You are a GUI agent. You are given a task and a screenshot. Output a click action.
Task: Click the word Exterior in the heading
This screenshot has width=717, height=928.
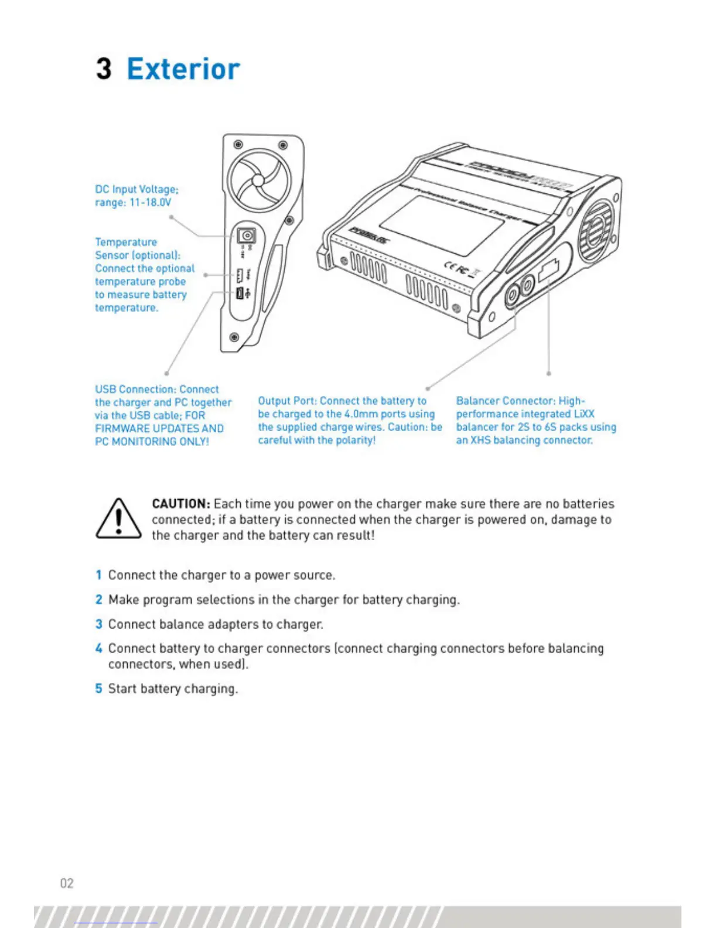(x=183, y=69)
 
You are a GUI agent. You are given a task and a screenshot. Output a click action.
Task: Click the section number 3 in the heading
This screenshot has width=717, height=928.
(x=104, y=69)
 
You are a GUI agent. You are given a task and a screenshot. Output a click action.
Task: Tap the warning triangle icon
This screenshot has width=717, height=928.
(x=118, y=518)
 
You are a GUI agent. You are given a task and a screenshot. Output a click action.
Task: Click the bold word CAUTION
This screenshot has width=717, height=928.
(x=180, y=504)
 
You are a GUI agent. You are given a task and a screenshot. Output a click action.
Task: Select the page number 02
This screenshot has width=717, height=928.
(x=67, y=883)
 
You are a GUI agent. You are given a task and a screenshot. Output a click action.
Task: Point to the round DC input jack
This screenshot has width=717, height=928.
(x=246, y=236)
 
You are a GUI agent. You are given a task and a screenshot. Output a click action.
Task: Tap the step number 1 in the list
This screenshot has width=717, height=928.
(x=99, y=575)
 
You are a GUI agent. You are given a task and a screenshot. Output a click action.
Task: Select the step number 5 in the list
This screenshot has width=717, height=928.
(x=99, y=688)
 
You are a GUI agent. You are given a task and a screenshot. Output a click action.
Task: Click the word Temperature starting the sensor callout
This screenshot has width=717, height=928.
(x=126, y=243)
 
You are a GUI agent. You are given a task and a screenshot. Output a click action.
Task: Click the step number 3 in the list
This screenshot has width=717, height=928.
(x=99, y=625)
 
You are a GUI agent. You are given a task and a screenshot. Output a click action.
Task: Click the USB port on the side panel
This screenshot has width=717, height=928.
(x=240, y=293)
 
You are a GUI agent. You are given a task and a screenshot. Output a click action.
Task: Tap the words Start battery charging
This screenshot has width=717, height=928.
(x=173, y=688)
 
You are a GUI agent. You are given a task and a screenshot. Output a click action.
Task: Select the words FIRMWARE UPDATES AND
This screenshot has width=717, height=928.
(x=159, y=428)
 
